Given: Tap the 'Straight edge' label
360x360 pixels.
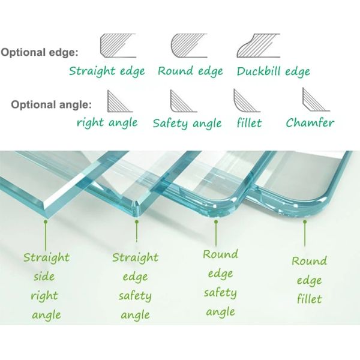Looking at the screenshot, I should (x=107, y=71).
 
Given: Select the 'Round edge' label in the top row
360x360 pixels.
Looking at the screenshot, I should (x=190, y=71).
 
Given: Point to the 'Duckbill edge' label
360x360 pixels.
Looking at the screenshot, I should (x=273, y=71).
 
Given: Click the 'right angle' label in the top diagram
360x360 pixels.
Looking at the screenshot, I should (x=107, y=123).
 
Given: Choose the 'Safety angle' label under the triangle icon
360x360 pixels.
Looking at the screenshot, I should (x=187, y=124).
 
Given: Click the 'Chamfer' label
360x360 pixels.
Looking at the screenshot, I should (x=310, y=123).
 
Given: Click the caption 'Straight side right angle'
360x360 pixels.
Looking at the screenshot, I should (x=46, y=286).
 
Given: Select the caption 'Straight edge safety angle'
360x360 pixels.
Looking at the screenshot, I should (x=136, y=286).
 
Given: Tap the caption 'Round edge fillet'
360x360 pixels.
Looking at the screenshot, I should (x=309, y=280).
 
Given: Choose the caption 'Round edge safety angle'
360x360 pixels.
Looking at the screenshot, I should (x=220, y=283).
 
